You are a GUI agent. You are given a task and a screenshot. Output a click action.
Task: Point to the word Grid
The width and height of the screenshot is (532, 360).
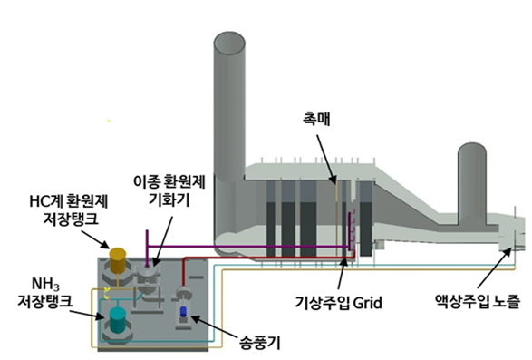(x=372, y=300)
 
